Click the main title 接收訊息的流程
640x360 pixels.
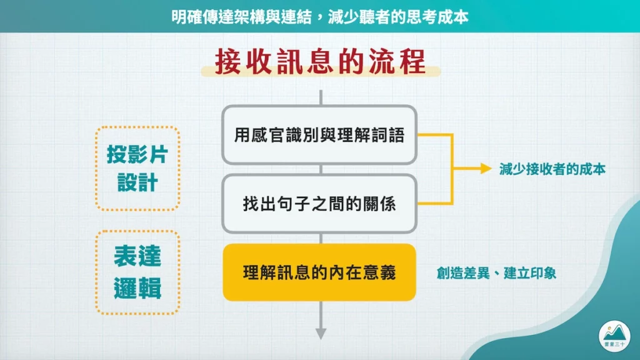[x=320, y=62]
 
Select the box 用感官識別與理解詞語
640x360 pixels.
[x=319, y=135]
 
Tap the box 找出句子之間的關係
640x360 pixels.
[x=319, y=203]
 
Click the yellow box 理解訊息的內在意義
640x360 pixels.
[x=319, y=272]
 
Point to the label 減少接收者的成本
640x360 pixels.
[x=552, y=169]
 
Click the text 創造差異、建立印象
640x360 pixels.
[x=496, y=273]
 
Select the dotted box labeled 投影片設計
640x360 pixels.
[x=137, y=168]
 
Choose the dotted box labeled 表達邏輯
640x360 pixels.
[x=137, y=272]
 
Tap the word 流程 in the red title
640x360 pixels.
[x=401, y=62]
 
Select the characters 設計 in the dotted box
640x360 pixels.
[x=137, y=184]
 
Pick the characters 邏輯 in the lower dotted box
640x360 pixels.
[x=137, y=289]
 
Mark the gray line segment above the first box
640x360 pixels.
[x=321, y=97]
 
